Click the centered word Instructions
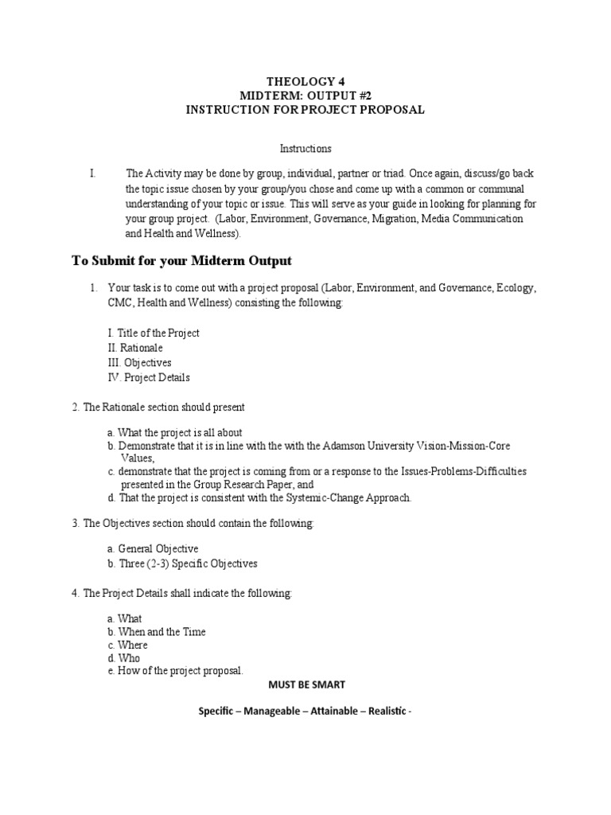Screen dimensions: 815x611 pos(305,149)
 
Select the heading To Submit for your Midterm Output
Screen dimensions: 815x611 pos(181,260)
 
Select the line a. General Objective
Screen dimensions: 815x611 pos(153,549)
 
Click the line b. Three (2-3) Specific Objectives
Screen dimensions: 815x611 pos(182,563)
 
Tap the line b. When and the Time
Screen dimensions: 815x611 pos(156,631)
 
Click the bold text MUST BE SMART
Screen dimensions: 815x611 pos(305,684)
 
